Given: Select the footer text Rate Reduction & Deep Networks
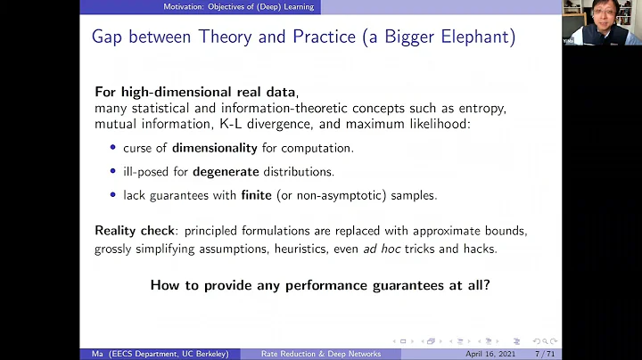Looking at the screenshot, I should pyautogui.click(x=321, y=354).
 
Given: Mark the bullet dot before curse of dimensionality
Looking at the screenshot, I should pyautogui.click(x=112, y=147).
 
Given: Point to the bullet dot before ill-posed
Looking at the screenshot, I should pyautogui.click(x=112, y=170).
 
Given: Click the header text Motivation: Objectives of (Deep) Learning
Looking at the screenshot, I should pyautogui.click(x=243, y=7).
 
